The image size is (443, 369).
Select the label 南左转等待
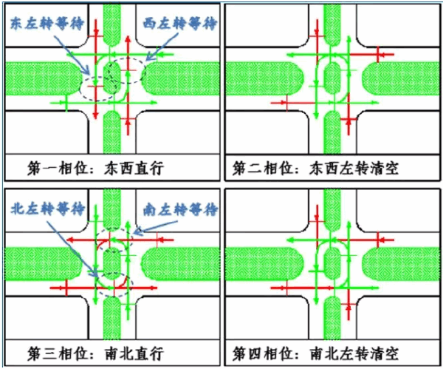(177, 210)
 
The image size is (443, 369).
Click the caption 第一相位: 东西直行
(95, 168)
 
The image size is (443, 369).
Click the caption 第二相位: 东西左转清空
(315, 168)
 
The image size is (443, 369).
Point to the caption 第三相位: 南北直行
(95, 351)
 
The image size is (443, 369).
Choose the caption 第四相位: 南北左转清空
(315, 351)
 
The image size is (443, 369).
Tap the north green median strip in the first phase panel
(111, 26)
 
